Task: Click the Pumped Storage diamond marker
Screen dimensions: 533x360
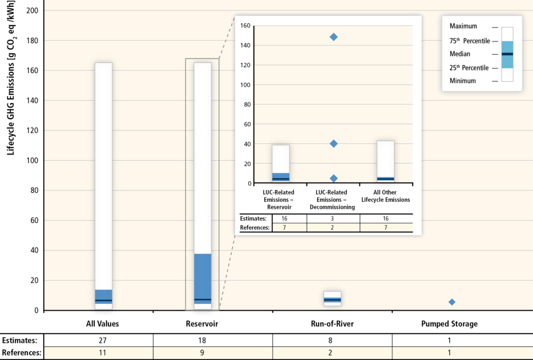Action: pyautogui.click(x=452, y=302)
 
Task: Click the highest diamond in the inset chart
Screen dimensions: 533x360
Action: pyautogui.click(x=334, y=37)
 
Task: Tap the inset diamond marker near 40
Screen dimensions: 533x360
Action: pyautogui.click(x=334, y=144)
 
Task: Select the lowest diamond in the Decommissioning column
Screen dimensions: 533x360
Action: pyautogui.click(x=334, y=178)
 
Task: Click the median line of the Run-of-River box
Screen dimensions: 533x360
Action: pyautogui.click(x=333, y=300)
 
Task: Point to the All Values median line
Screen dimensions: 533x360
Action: pyautogui.click(x=104, y=301)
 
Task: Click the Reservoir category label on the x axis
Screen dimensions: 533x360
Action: pyautogui.click(x=202, y=324)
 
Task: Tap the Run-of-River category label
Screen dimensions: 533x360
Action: pyautogui.click(x=332, y=324)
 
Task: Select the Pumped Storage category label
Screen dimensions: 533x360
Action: pyautogui.click(x=449, y=324)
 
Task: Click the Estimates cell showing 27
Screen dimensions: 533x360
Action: pyautogui.click(x=103, y=340)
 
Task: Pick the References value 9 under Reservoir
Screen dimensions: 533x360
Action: pyautogui.click(x=202, y=353)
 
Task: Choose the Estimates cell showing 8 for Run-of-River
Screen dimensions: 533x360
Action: pyautogui.click(x=330, y=340)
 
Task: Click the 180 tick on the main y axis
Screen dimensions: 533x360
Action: pyautogui.click(x=32, y=41)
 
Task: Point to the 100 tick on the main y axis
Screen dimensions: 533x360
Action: pyautogui.click(x=32, y=160)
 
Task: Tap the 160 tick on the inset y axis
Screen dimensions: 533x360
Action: pyautogui.click(x=245, y=25)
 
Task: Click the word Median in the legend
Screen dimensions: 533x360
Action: pyautogui.click(x=460, y=54)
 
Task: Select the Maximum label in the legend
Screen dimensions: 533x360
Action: pyautogui.click(x=463, y=26)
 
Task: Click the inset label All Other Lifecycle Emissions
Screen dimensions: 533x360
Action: pyautogui.click(x=386, y=196)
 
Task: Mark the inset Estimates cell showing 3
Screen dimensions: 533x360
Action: pyautogui.click(x=332, y=218)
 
